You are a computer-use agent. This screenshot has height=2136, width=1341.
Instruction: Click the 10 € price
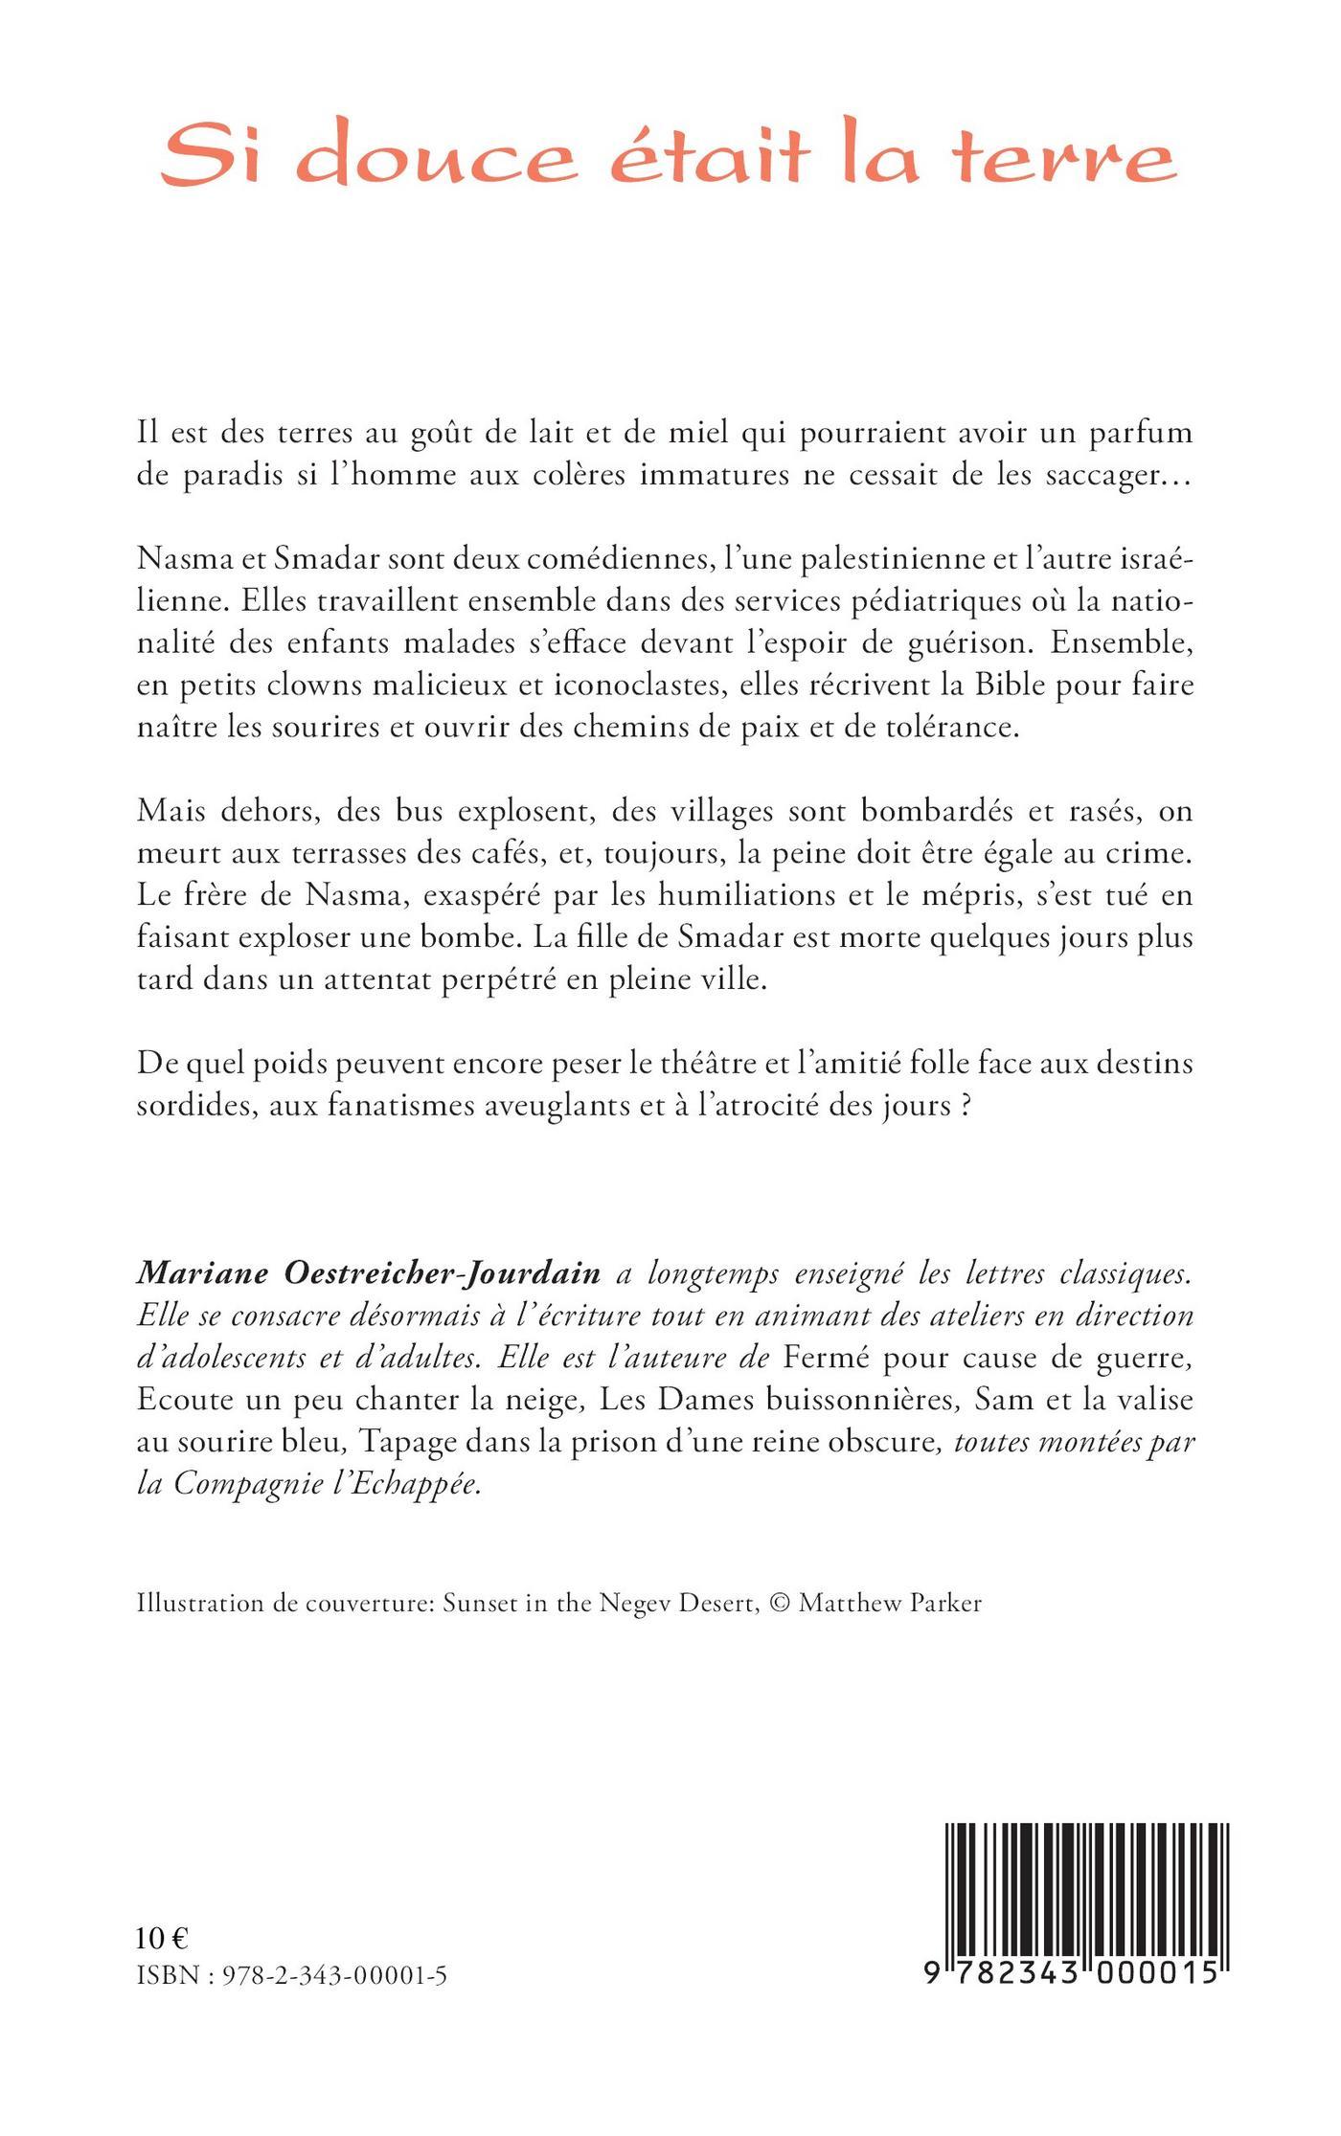162,1939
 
